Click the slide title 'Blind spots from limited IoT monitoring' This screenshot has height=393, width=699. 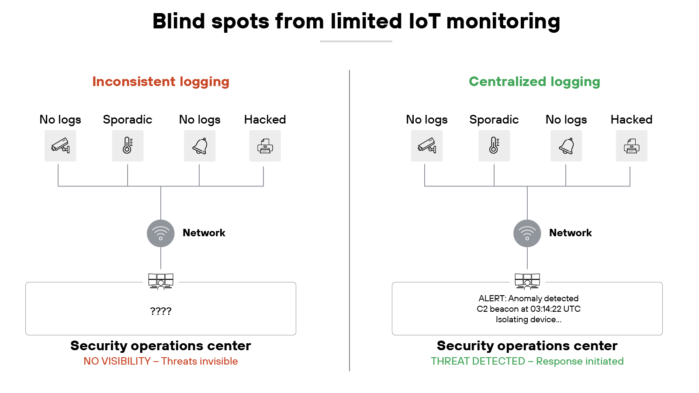(x=356, y=21)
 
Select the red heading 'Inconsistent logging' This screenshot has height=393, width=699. (x=161, y=82)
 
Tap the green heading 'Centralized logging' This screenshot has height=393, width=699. (x=534, y=82)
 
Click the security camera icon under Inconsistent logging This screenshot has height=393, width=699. (x=60, y=146)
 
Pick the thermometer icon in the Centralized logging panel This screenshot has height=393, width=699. (x=494, y=146)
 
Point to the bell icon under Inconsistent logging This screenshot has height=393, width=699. (x=200, y=146)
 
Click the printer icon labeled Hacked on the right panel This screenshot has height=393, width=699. (x=632, y=146)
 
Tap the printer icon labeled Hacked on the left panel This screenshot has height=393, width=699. (x=265, y=146)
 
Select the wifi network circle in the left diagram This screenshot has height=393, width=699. (x=161, y=234)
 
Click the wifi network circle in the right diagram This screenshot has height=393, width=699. (x=527, y=234)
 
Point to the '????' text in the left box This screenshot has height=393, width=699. (x=161, y=311)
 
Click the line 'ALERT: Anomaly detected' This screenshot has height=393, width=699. (x=528, y=298)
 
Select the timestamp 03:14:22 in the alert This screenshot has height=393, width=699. (x=546, y=309)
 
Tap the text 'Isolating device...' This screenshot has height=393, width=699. (x=528, y=319)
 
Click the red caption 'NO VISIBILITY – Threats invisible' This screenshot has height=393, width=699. (x=161, y=361)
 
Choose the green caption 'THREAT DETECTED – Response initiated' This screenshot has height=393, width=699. (x=527, y=361)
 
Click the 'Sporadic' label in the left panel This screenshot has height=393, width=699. (x=128, y=120)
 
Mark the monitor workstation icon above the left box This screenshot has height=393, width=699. (x=161, y=281)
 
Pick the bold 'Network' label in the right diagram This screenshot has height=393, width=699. (x=570, y=233)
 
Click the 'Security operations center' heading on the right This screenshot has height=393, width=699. (x=527, y=345)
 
